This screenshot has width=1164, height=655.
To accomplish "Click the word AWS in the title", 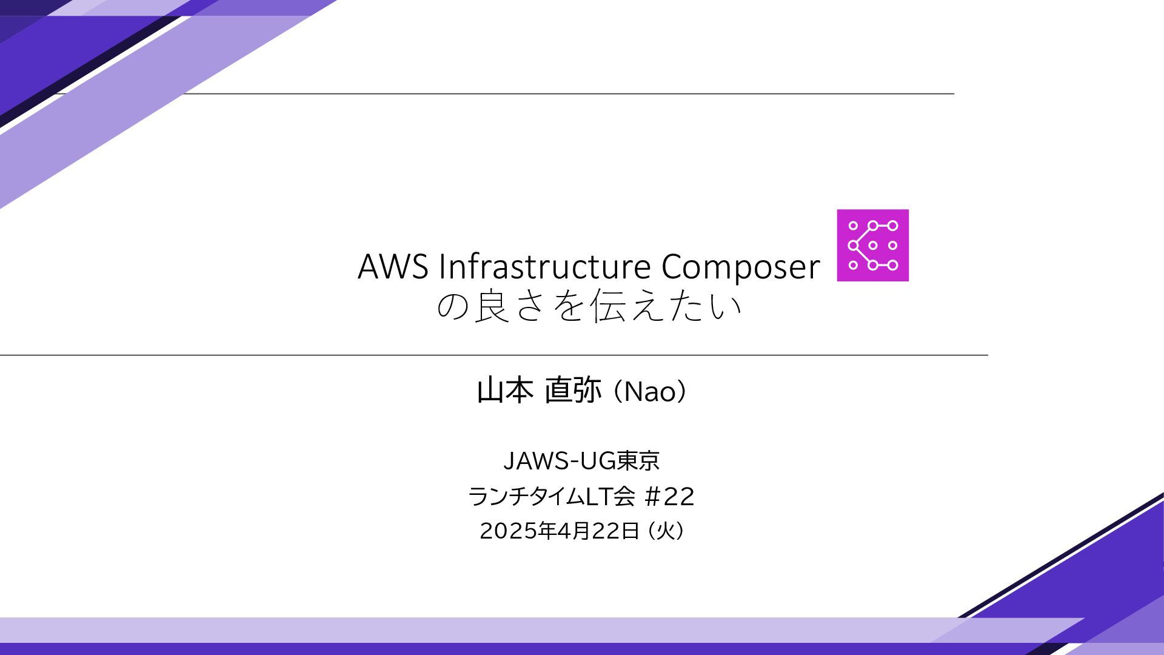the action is click(x=393, y=267).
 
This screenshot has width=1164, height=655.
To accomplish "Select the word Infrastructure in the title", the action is click(x=546, y=267).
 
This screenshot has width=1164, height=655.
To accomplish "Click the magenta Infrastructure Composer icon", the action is click(x=872, y=245).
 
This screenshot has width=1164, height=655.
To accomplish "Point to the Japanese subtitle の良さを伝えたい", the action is click(x=589, y=306).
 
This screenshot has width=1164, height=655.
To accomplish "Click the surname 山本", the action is click(x=505, y=391).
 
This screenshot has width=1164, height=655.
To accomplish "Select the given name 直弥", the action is click(x=573, y=391).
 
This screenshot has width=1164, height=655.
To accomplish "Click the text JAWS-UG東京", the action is click(x=581, y=462).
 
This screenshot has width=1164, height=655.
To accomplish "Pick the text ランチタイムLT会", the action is click(x=551, y=497).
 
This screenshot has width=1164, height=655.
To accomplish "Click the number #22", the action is click(x=669, y=497).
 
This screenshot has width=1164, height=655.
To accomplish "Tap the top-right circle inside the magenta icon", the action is click(x=892, y=226).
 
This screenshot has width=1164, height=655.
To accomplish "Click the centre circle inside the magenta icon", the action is click(x=873, y=245).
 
